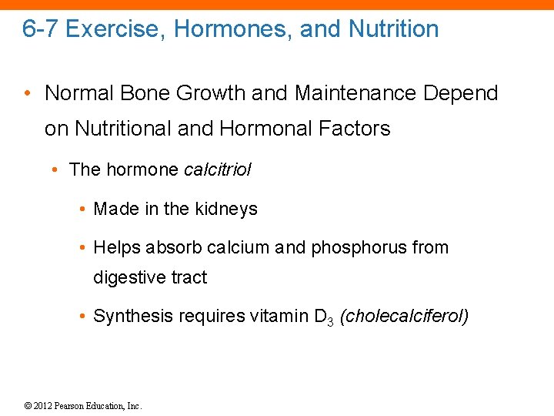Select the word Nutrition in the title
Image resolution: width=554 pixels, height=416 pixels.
point(393,29)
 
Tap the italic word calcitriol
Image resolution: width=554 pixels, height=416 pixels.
point(218,169)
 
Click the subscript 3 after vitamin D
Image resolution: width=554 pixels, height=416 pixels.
point(329,320)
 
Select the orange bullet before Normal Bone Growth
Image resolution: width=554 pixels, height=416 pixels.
point(27,94)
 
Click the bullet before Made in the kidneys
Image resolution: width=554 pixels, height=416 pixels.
point(82,209)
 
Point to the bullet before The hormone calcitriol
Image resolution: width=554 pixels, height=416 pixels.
point(58,169)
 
